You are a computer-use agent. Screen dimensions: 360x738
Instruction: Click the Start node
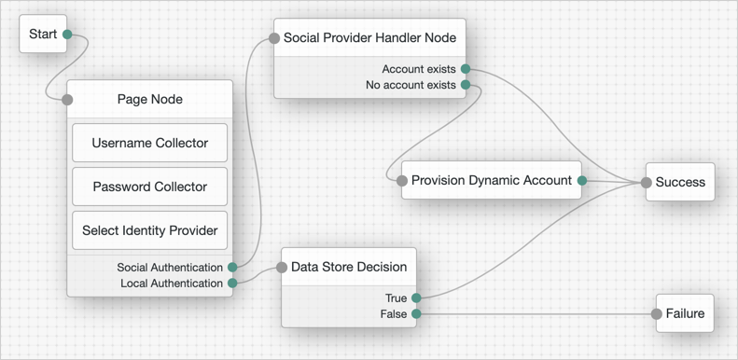[x=43, y=35]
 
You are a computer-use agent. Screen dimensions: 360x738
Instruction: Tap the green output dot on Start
[x=67, y=35]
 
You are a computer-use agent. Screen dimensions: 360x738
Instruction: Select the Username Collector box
[x=149, y=144]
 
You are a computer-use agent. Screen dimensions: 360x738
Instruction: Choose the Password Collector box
[x=149, y=187]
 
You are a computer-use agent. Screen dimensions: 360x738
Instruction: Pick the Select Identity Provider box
[x=149, y=230]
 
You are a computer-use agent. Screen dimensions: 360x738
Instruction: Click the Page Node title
[x=149, y=100]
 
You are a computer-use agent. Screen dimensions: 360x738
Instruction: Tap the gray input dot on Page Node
[x=67, y=100]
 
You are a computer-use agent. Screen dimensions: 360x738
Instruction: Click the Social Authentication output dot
[x=232, y=268]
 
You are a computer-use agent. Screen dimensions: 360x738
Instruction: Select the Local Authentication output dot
[x=232, y=284]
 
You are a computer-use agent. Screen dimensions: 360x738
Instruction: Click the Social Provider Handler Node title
[x=369, y=38]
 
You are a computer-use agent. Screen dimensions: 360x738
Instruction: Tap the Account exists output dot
[x=466, y=69]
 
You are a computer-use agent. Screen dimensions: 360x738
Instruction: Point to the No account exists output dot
[x=466, y=85]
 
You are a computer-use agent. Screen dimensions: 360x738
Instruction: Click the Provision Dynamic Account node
[x=491, y=181]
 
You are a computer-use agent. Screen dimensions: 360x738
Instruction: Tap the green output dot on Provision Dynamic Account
[x=581, y=181]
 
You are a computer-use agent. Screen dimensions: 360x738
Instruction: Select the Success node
[x=680, y=182]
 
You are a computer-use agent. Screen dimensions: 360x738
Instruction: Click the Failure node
[x=685, y=314]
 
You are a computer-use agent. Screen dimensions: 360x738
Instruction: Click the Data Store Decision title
[x=349, y=267]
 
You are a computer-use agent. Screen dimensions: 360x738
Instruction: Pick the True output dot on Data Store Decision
[x=416, y=298]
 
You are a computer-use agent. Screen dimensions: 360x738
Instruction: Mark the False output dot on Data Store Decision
[x=416, y=314]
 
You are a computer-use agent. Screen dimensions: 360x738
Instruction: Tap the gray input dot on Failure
[x=657, y=314]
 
